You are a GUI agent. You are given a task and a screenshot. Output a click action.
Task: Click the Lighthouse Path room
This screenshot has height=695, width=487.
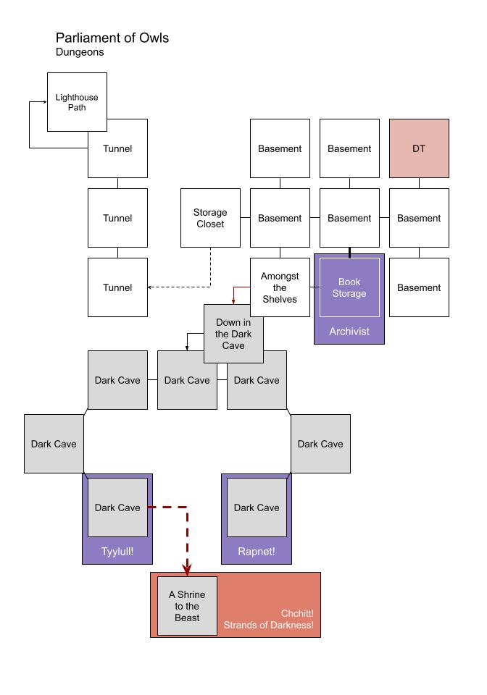point(77,102)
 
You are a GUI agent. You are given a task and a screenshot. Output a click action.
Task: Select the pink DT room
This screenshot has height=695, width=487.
point(419,148)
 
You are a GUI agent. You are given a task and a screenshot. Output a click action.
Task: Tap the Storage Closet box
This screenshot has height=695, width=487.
point(210,218)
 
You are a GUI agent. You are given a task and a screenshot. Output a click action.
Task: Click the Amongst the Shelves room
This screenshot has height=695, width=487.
point(280,287)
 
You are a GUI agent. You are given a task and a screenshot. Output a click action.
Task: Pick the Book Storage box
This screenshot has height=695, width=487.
point(349,287)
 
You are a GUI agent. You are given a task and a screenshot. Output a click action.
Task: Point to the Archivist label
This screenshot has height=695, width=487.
point(349,332)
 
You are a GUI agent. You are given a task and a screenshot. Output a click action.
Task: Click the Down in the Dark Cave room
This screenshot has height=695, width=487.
point(233,334)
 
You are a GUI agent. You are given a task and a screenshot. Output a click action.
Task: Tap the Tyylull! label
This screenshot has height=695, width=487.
point(117,552)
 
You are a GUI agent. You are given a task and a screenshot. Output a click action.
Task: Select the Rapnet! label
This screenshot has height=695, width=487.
point(257,552)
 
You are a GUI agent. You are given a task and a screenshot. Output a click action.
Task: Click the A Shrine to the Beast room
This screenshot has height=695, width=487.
point(187,606)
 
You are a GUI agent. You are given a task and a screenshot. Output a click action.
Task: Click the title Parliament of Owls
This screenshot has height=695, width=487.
point(112,38)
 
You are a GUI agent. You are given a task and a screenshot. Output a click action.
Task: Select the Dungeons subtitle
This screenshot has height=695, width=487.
point(80,52)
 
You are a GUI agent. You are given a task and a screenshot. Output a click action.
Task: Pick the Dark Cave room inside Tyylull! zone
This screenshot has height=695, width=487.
point(117,507)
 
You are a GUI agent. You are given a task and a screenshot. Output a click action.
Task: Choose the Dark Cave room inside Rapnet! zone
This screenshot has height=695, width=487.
point(257,507)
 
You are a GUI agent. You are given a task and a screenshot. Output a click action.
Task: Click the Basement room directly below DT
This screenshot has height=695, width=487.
point(419,218)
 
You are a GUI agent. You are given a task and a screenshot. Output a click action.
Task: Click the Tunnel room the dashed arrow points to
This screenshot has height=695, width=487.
point(117,287)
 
